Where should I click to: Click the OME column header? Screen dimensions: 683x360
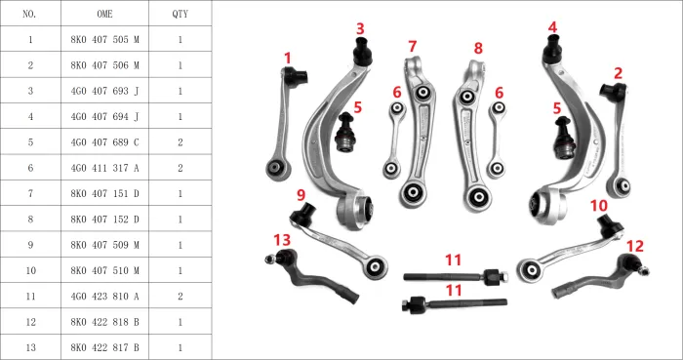tap(104, 15)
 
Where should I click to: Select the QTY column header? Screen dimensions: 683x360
tap(180, 15)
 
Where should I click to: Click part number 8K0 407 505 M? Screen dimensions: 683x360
tap(104, 40)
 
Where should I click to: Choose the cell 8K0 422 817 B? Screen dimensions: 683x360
tap(104, 346)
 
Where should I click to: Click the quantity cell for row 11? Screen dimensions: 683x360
tap(180, 296)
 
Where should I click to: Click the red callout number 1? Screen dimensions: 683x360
tap(288, 59)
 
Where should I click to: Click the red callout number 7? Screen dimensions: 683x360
tap(413, 46)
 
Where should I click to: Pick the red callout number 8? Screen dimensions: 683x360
tap(478, 47)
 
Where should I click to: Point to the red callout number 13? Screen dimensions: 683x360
tap(282, 240)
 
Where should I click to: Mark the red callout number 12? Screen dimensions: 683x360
tap(635, 246)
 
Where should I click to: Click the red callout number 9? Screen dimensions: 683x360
tap(301, 195)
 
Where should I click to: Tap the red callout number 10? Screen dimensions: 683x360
tap(598, 206)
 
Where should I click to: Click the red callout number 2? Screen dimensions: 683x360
tap(618, 73)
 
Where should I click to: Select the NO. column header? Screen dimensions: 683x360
tap(30, 15)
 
